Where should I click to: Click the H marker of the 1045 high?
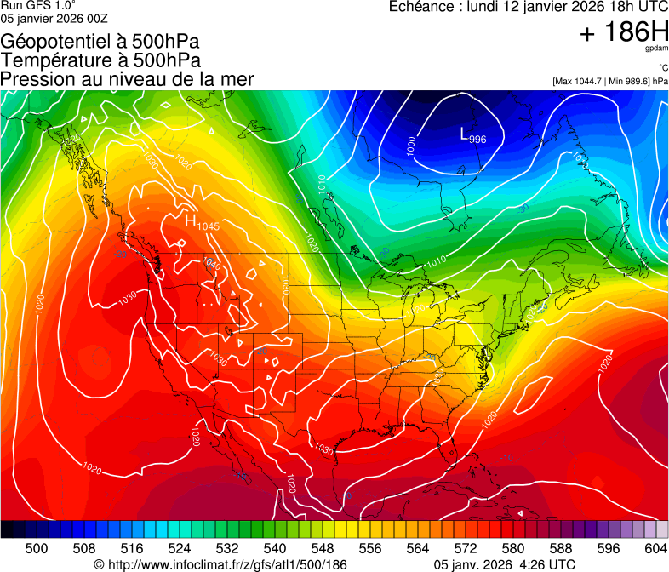192,220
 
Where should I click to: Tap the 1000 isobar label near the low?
412,146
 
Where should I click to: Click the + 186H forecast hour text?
624,33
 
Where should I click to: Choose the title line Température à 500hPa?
100,60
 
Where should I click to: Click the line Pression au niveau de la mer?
127,79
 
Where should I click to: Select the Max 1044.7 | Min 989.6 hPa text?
610,81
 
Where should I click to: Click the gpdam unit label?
657,50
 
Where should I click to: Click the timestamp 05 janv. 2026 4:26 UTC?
505,564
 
